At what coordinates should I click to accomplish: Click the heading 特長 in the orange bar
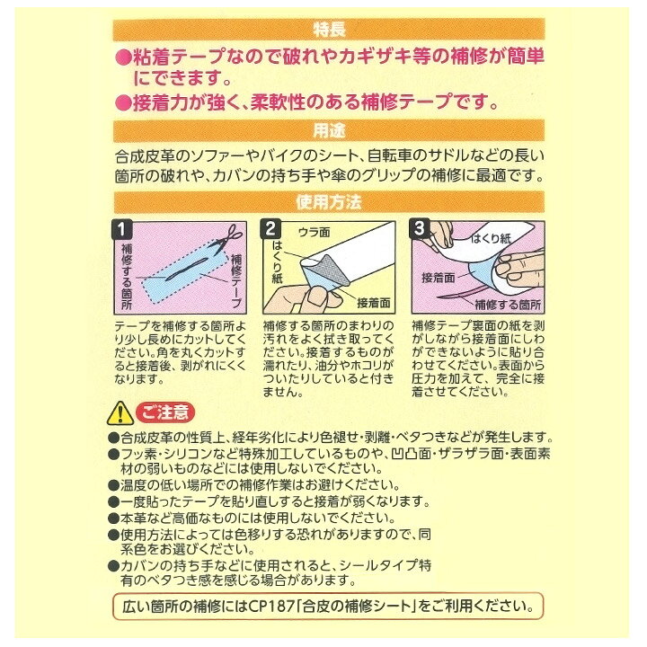point(329,30)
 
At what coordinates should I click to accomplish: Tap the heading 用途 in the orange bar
point(329,130)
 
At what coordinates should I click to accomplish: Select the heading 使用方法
point(329,202)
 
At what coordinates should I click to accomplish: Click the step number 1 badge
point(121,229)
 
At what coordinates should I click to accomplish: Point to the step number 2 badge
point(270,229)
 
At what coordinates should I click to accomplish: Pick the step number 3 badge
point(420,228)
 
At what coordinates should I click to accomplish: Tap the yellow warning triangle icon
point(120,413)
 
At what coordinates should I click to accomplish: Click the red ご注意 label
point(165,412)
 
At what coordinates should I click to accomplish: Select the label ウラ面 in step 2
point(314,233)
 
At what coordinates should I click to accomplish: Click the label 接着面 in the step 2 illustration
point(374,304)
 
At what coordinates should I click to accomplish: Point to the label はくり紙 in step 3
point(491,238)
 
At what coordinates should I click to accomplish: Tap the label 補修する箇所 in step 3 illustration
point(508,305)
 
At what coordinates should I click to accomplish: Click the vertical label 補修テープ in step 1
point(236,280)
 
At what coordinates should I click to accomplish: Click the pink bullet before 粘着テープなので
point(122,58)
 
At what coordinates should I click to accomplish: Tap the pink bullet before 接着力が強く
point(122,103)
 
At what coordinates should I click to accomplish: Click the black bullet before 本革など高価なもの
point(113,518)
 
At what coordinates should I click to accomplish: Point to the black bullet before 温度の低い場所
point(113,485)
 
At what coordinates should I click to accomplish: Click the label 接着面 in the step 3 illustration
point(438,278)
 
